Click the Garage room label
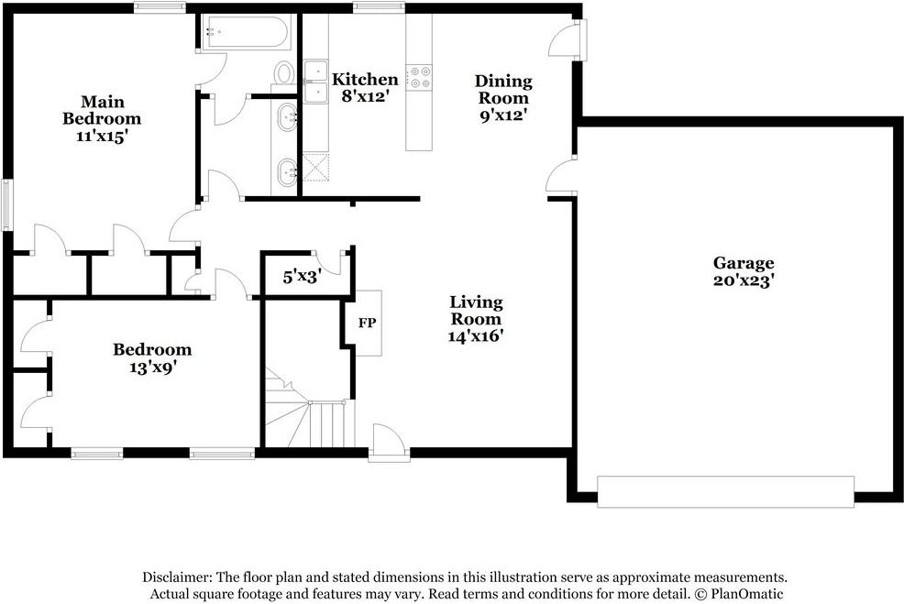click(744, 263)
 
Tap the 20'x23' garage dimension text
click(744, 280)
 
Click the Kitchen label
click(365, 80)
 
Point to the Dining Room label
click(503, 90)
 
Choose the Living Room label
click(475, 311)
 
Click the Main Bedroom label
click(102, 110)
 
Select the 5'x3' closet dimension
click(300, 275)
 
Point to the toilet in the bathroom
click(284, 73)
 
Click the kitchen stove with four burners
click(421, 77)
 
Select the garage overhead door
click(725, 490)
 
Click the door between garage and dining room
click(562, 177)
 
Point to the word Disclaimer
click(177, 577)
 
